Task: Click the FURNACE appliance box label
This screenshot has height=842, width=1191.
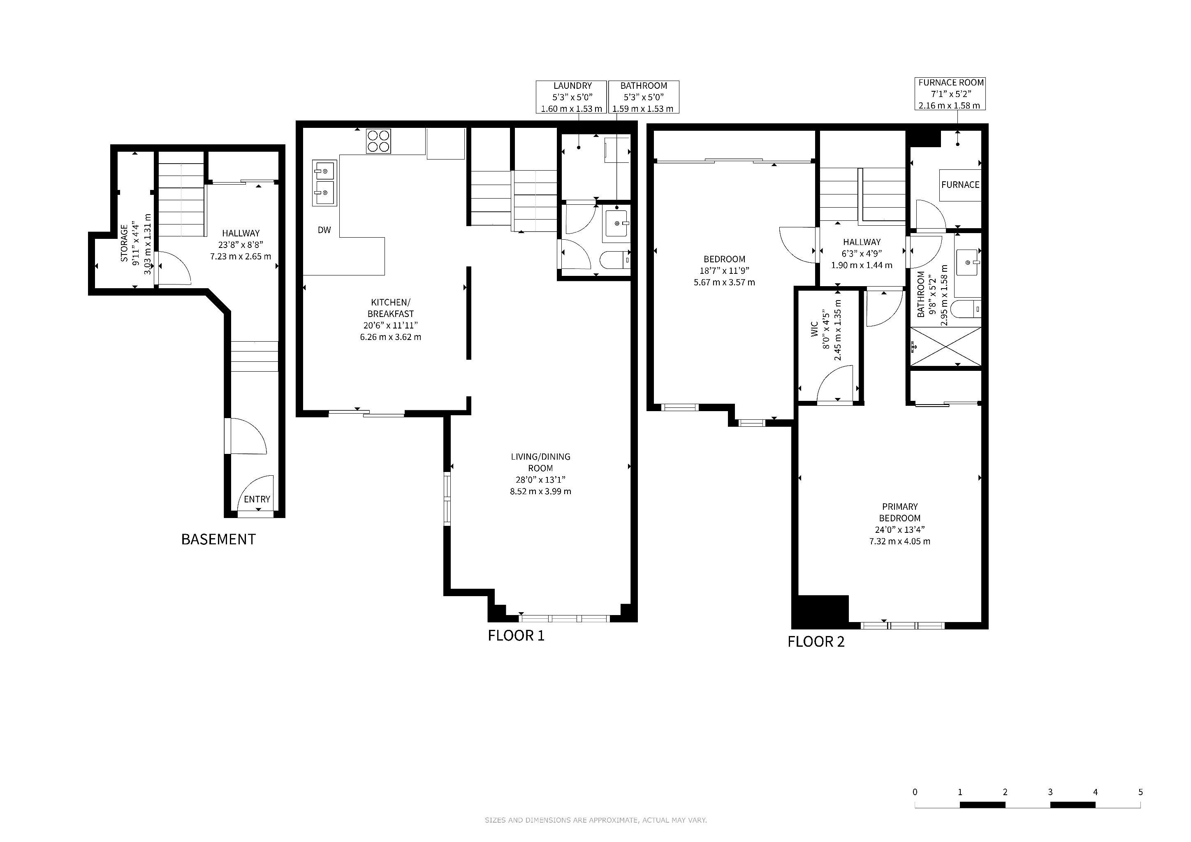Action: coord(960,185)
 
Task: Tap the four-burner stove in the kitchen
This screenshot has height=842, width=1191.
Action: coord(379,141)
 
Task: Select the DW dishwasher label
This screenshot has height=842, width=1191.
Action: coord(324,230)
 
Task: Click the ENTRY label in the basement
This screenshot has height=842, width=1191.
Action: coord(257,499)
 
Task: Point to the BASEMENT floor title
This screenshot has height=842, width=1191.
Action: coord(218,540)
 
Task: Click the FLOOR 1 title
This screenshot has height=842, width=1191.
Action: coord(516,636)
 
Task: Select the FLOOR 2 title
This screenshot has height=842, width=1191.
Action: coord(816,642)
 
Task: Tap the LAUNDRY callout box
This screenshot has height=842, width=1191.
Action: coord(572,97)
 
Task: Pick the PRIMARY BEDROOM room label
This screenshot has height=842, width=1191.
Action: coord(900,524)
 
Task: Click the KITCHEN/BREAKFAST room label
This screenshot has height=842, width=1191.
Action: coord(391,319)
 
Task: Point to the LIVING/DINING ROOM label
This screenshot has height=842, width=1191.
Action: coord(540,474)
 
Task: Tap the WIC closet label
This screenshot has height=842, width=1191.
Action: coord(826,330)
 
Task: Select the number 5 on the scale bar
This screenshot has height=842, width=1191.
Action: coord(1140,792)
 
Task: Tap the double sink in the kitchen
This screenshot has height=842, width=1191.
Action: coord(324,183)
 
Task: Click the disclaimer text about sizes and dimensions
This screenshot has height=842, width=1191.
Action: coord(595,820)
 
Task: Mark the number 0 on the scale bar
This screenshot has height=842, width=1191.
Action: coord(915,792)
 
